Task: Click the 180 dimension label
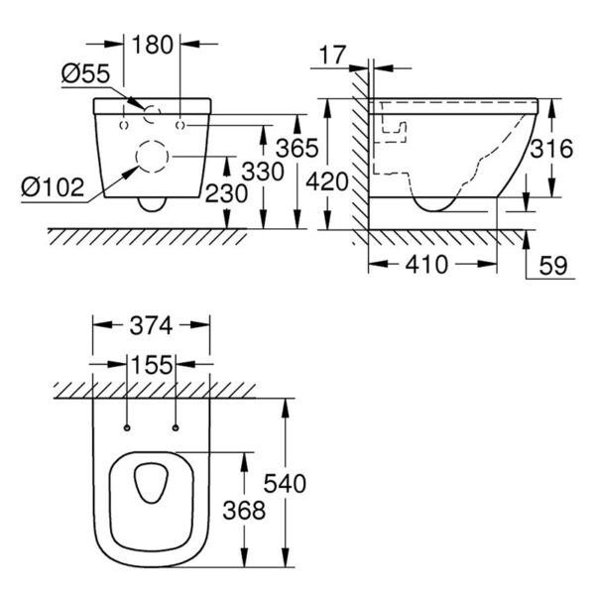153,45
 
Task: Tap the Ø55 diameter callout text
85,73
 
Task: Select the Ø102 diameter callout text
53,187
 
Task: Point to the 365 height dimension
297,148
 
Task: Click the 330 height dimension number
263,172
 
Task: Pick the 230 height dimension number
226,193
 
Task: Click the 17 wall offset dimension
333,55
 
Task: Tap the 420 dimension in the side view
327,181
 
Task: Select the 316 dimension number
551,149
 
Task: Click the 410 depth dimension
426,265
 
